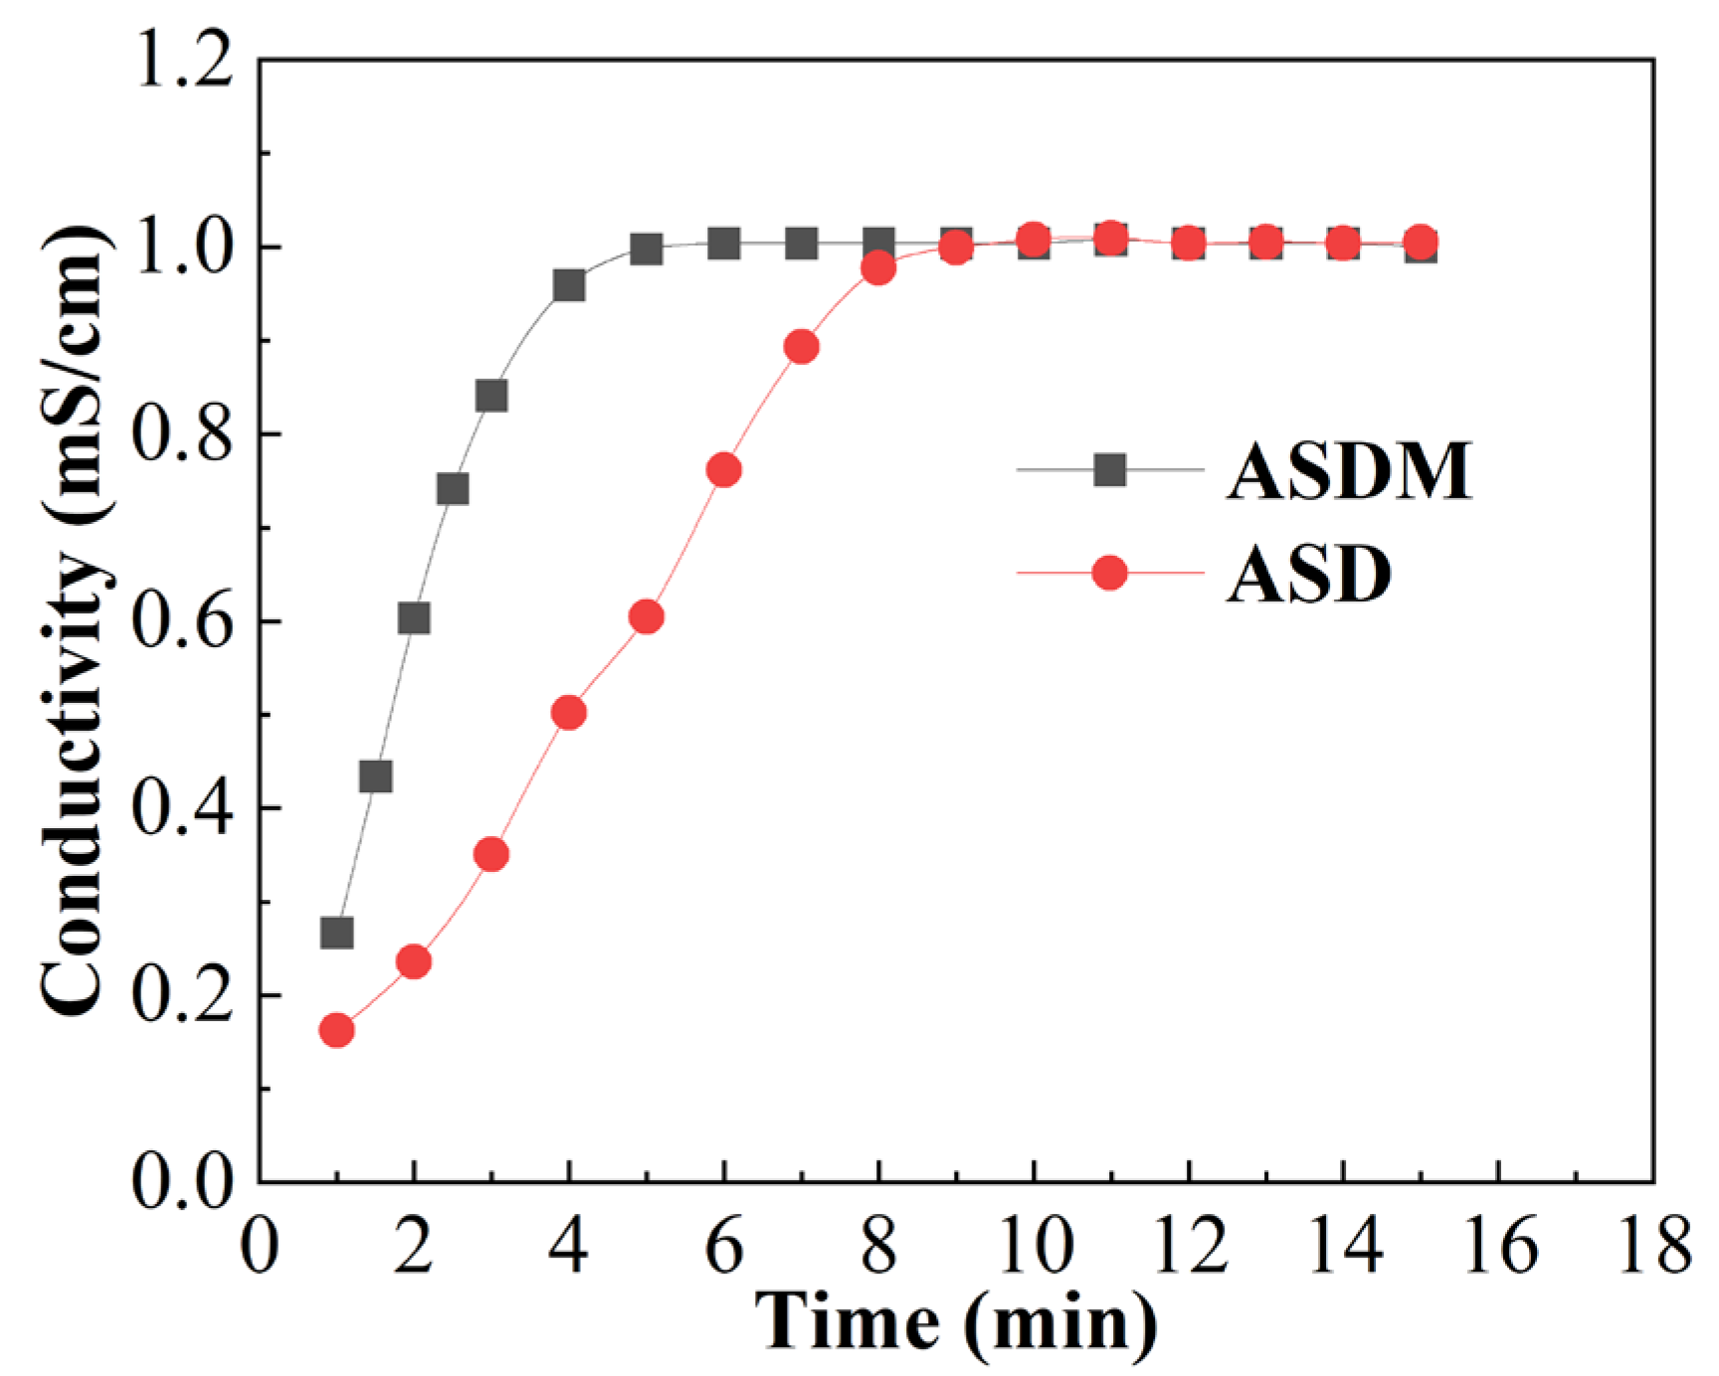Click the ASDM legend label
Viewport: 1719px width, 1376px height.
[x=1348, y=470]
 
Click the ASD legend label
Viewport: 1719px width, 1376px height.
[x=1308, y=575]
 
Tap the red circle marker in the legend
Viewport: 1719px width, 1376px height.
[x=1109, y=574]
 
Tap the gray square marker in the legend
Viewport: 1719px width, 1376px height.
[x=1109, y=469]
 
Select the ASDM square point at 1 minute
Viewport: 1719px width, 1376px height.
[x=337, y=933]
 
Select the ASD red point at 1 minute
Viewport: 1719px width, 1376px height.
[x=337, y=1031]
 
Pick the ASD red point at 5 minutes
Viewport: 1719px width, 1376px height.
[x=647, y=617]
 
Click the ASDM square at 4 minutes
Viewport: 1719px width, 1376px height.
[x=569, y=286]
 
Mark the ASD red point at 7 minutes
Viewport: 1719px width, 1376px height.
[x=802, y=348]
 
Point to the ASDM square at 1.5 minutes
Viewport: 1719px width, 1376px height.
[x=376, y=776]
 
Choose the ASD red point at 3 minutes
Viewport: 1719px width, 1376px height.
[x=491, y=855]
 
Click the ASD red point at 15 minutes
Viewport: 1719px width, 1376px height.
[x=1422, y=242]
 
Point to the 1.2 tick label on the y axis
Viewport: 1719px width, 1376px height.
[x=184, y=62]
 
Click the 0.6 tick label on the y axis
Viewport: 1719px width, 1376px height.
[x=184, y=622]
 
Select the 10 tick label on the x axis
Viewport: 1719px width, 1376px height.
[x=1035, y=1247]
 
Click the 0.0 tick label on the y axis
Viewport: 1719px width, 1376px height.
[x=184, y=1183]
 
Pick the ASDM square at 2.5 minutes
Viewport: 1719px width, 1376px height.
[x=453, y=489]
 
